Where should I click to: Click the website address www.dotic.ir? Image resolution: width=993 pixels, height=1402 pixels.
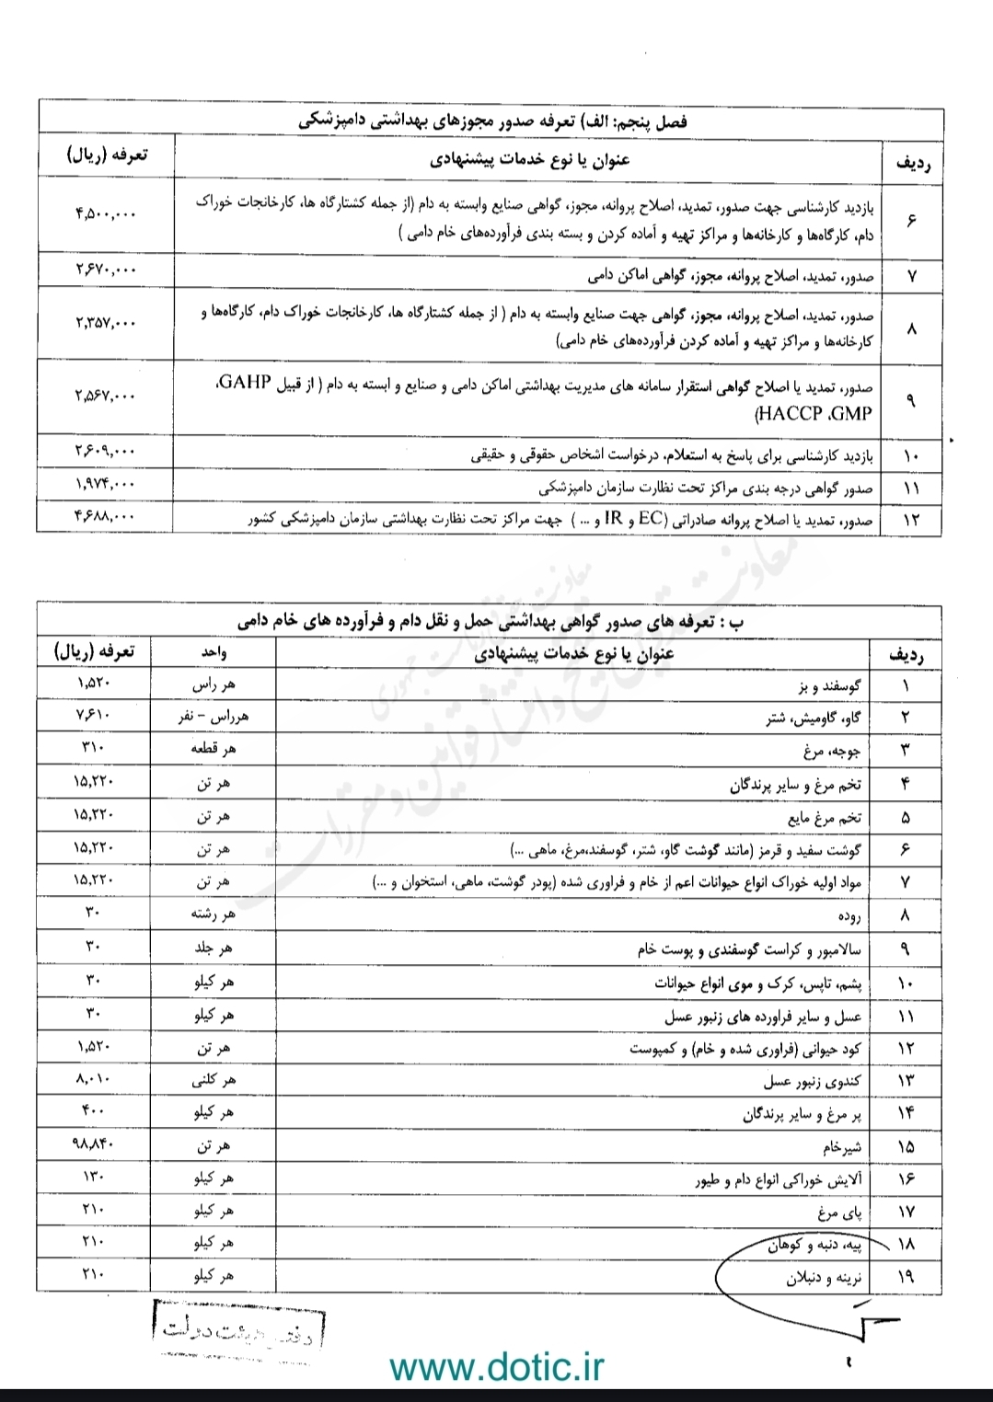(x=497, y=1366)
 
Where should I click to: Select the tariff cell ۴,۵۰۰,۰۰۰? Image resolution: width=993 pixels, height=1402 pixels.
(x=105, y=213)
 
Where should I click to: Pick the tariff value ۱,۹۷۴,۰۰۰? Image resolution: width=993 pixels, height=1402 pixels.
(x=105, y=484)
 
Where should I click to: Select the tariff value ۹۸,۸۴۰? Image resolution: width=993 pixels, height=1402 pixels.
(x=95, y=1144)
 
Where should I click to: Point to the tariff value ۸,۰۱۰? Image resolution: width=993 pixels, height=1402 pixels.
(x=95, y=1079)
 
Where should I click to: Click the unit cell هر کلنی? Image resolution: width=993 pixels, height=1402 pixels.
(x=214, y=1080)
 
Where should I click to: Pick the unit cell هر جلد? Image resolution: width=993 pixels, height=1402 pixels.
(x=214, y=948)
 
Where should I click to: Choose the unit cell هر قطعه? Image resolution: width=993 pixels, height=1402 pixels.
(x=214, y=749)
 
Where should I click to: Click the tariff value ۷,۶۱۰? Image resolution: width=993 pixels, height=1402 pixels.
(x=95, y=715)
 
